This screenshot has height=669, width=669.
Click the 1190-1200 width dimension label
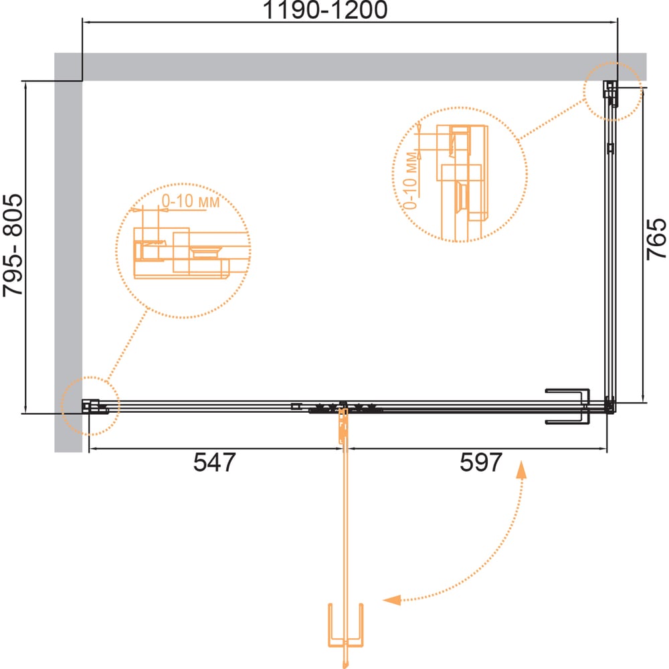[325, 9]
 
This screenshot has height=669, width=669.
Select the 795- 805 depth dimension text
[13, 246]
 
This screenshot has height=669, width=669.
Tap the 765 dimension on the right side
[656, 239]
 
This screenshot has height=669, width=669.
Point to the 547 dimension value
[214, 462]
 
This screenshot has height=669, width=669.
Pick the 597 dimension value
[481, 462]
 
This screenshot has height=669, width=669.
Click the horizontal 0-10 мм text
[190, 201]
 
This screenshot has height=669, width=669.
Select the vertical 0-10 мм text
[411, 181]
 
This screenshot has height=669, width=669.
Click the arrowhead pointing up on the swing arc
[521, 470]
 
